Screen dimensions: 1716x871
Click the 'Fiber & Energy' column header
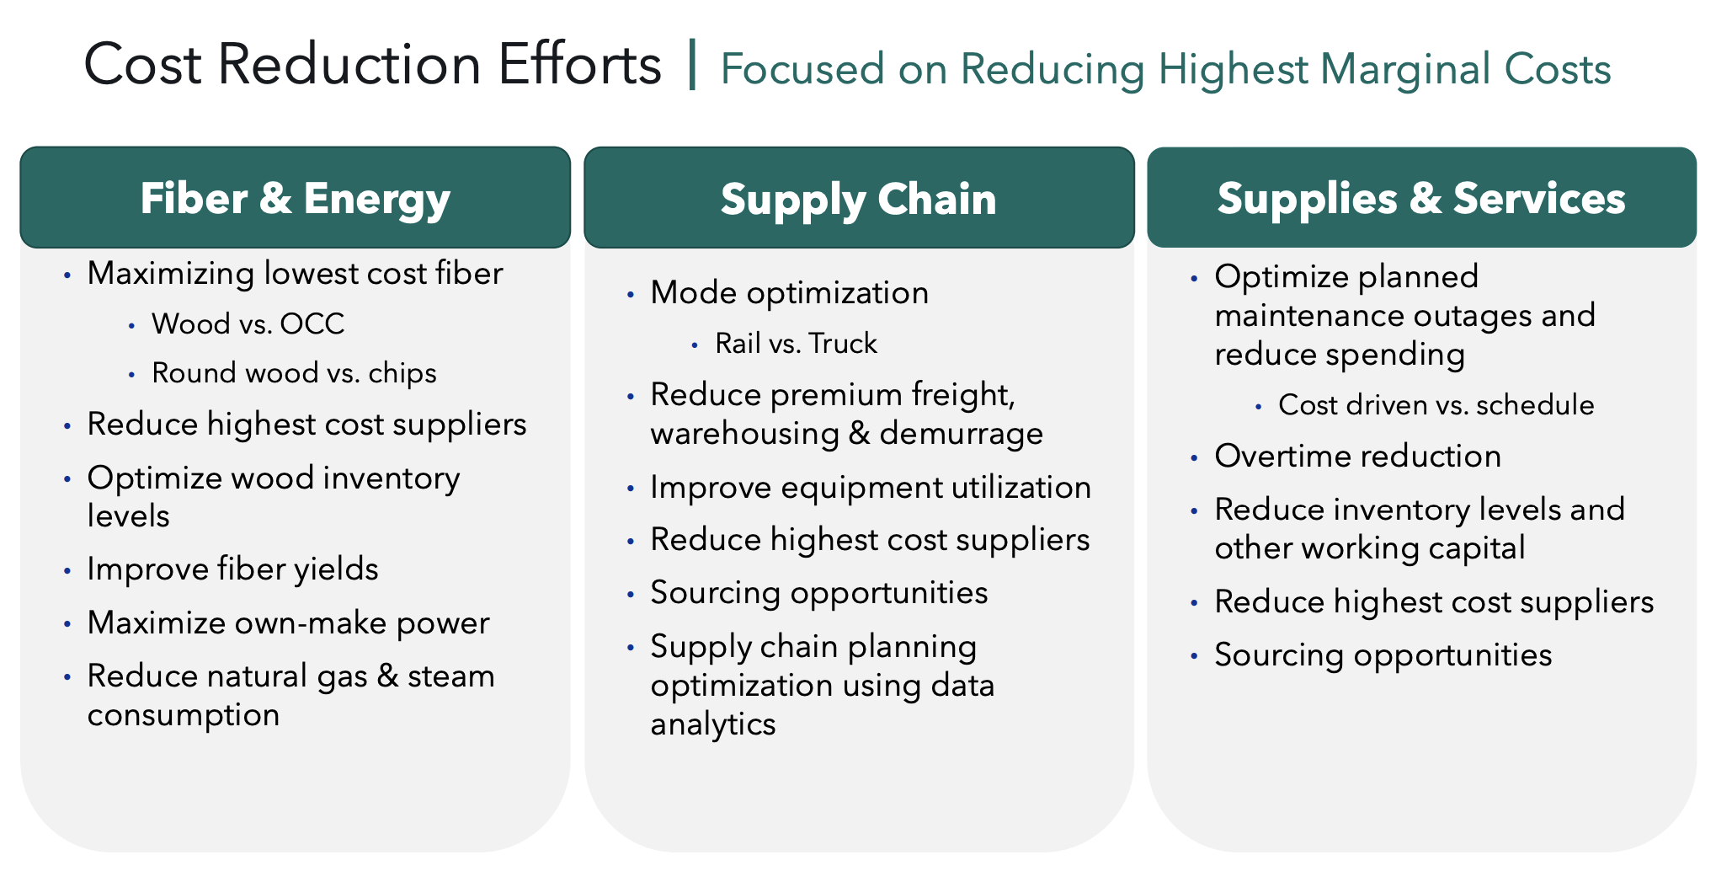tap(295, 198)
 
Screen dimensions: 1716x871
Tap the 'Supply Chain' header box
tap(859, 198)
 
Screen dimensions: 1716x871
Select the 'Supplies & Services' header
tap(1421, 198)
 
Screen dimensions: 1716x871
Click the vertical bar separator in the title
tap(692, 64)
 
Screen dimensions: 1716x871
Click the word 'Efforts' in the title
tap(579, 64)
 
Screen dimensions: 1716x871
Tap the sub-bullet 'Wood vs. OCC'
tap(248, 323)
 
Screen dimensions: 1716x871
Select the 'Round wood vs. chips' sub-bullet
tap(294, 373)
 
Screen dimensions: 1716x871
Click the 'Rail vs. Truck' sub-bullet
tap(796, 344)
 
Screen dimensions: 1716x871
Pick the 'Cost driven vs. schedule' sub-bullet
tap(1436, 405)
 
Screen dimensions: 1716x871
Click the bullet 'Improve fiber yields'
tap(232, 569)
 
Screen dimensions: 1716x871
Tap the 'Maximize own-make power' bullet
tap(288, 623)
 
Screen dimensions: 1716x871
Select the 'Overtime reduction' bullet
tap(1357, 457)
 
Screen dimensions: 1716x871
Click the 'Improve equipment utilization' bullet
tap(871, 488)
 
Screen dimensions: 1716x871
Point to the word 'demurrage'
tap(961, 434)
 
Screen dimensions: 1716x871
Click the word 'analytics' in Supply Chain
tap(712, 724)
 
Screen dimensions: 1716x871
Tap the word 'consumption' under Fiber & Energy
tap(184, 715)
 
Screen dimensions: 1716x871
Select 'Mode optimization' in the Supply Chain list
tap(789, 293)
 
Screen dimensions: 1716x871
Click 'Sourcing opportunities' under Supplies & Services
tap(1383, 655)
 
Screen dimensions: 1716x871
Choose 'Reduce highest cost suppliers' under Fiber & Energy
tap(306, 425)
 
